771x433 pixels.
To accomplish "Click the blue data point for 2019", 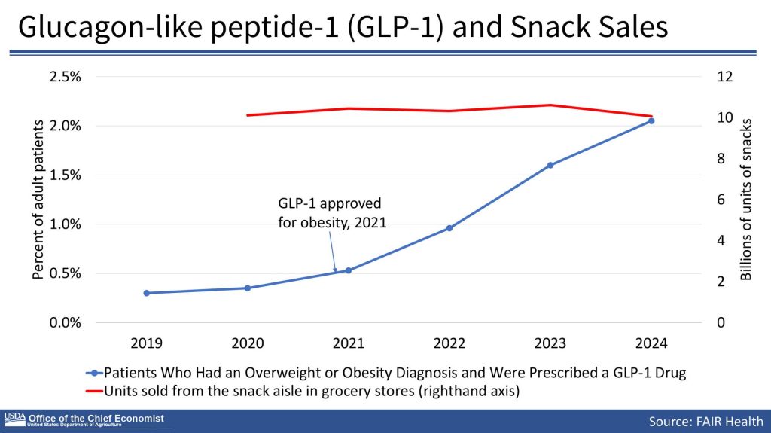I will coord(147,293).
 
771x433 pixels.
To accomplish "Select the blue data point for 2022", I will coord(449,227).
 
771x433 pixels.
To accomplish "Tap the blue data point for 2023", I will coord(550,165).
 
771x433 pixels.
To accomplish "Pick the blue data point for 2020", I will coord(248,288).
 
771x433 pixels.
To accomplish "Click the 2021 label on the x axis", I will coord(349,343).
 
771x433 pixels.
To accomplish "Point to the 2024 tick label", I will coord(651,343).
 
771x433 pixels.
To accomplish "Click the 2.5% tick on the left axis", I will coord(66,77).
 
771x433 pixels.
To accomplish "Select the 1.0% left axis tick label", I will coord(66,224).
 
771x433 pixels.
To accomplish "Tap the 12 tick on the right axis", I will coord(725,77).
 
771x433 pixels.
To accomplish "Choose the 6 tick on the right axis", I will coord(725,200).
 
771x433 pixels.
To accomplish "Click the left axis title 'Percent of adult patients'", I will coord(38,200).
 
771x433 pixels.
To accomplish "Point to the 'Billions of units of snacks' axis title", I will coord(747,200).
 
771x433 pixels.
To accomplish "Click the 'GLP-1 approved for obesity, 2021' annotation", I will coord(330,213).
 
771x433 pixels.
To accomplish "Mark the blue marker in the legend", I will coord(94,373).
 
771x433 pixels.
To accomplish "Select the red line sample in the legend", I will coord(93,390).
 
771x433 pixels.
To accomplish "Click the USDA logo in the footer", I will coord(14,418).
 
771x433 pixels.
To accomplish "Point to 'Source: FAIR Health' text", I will coord(706,421).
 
